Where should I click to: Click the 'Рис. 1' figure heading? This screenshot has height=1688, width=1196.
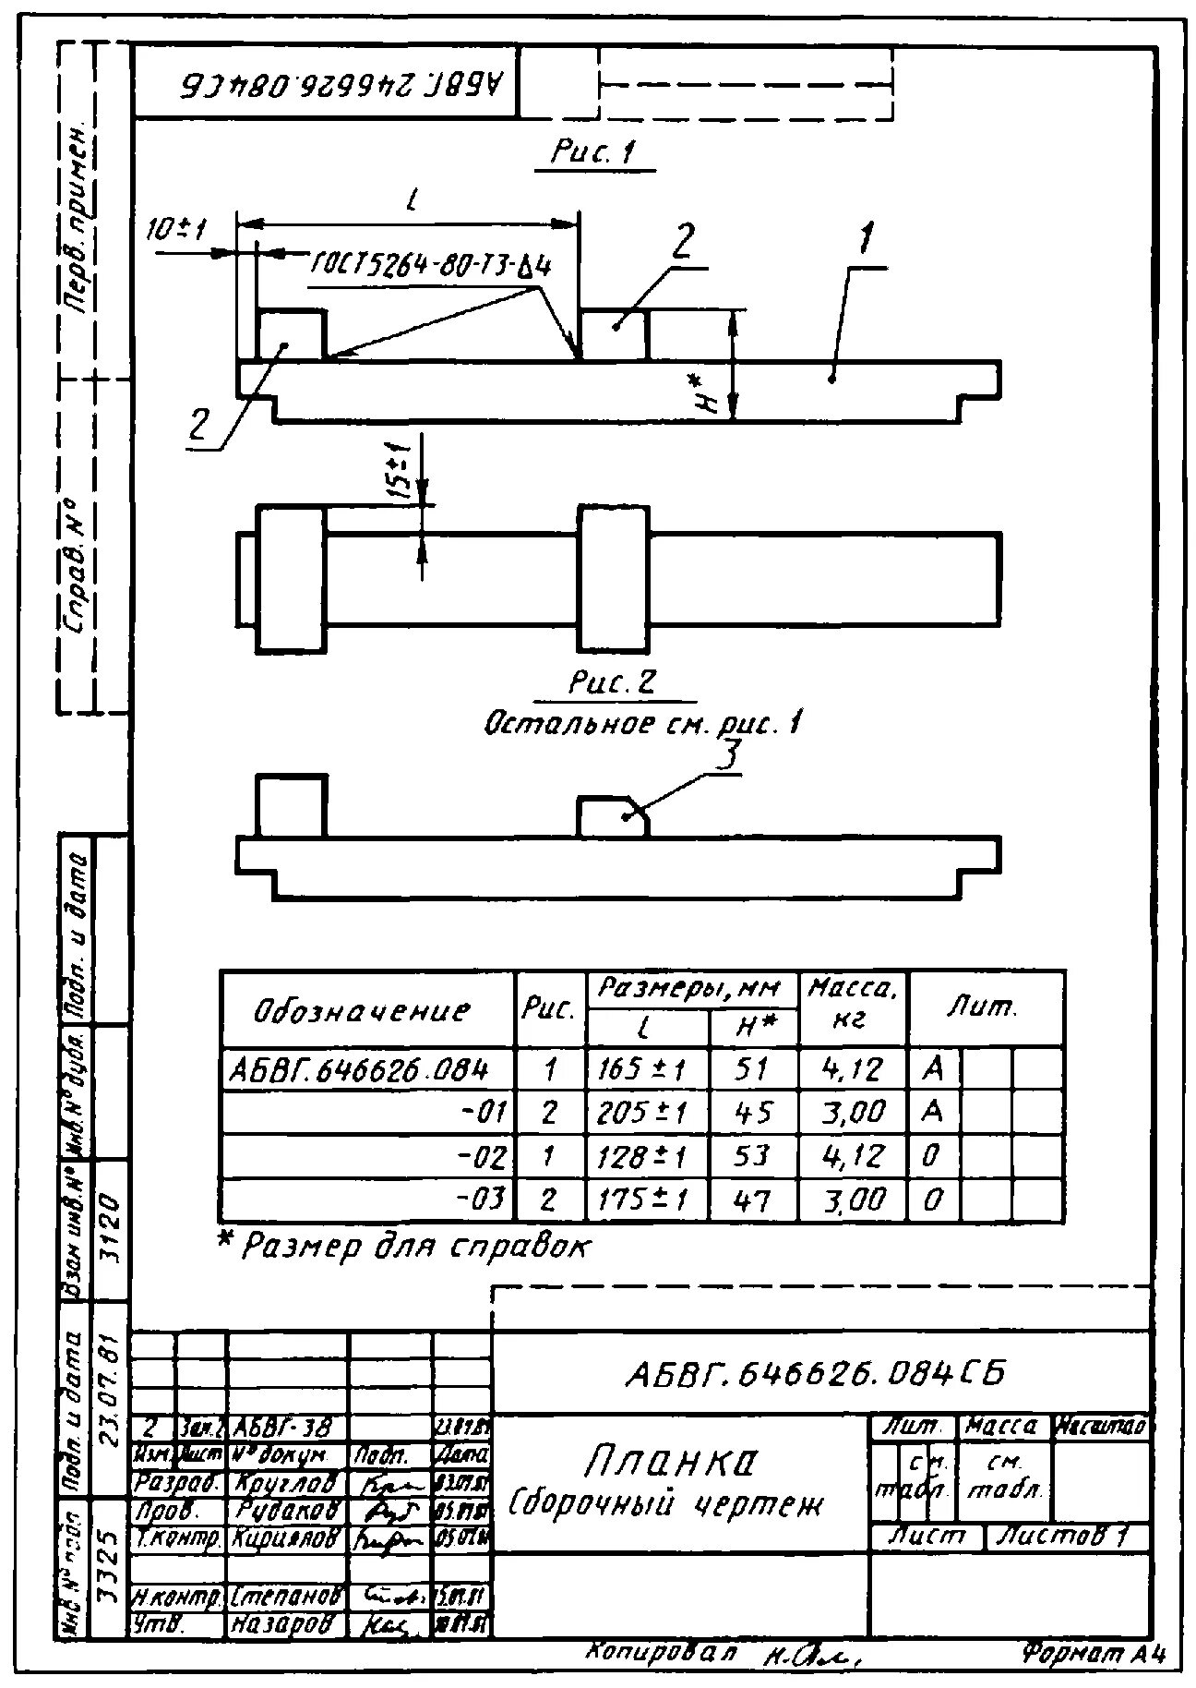[x=593, y=152]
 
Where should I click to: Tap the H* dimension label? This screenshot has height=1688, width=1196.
[x=706, y=392]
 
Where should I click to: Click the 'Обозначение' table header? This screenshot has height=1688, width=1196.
[x=362, y=1010]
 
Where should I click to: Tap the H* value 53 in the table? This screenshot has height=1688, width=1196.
[x=753, y=1156]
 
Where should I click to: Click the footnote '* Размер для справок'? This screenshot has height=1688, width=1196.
[x=403, y=1248]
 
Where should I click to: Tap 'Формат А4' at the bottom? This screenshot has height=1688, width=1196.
[x=1094, y=1653]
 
